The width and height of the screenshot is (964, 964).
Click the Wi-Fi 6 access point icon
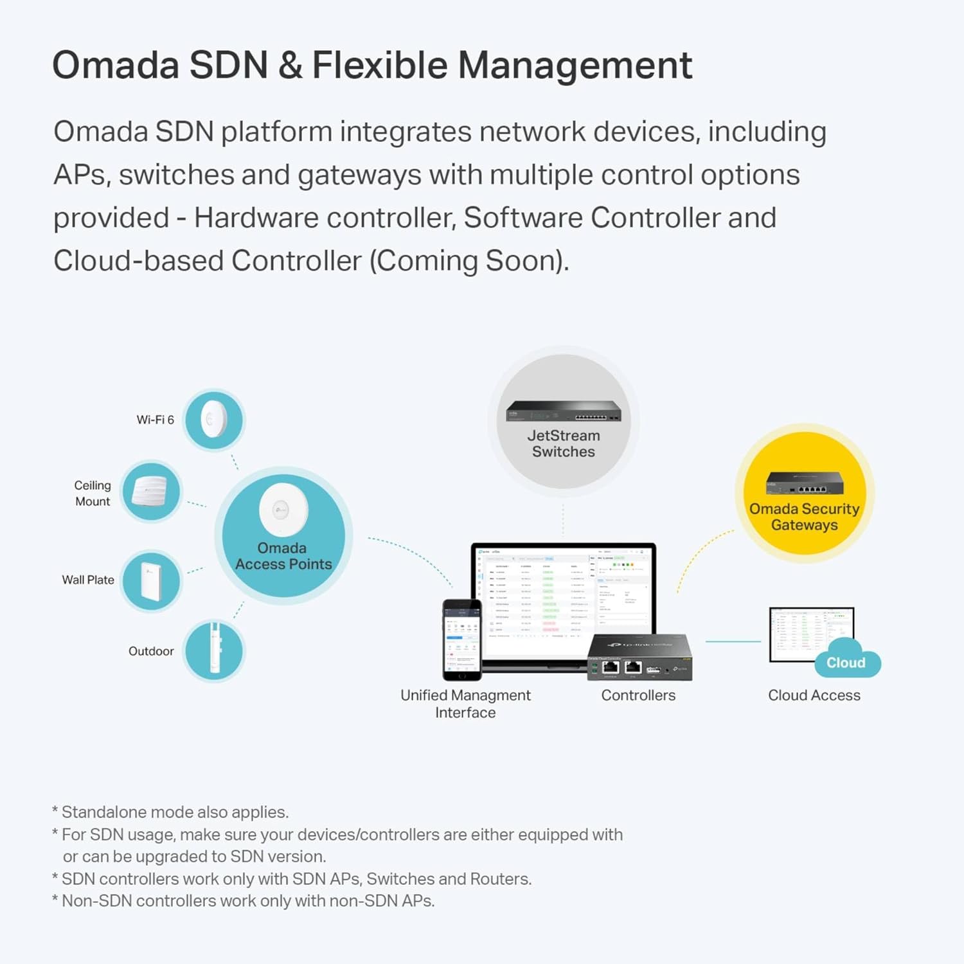pyautogui.click(x=214, y=420)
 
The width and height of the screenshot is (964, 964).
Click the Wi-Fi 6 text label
pyautogui.click(x=155, y=420)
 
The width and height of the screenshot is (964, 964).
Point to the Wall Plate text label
pyautogui.click(x=88, y=580)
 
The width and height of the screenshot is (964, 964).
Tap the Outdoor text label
pyautogui.click(x=151, y=651)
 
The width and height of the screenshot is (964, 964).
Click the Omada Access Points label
pyautogui.click(x=283, y=556)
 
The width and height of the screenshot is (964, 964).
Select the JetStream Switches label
pyautogui.click(x=564, y=443)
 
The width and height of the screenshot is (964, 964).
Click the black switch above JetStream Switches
pyautogui.click(x=564, y=410)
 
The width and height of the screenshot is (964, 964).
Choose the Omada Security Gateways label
pyautogui.click(x=804, y=517)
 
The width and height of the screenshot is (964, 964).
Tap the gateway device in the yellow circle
pyautogui.click(x=805, y=483)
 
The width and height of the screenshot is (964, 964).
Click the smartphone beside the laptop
pyautogui.click(x=462, y=639)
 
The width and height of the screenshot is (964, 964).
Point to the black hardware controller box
pyautogui.click(x=639, y=657)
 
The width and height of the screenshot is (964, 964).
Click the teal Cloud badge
pyautogui.click(x=846, y=663)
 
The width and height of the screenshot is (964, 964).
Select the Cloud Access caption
pyautogui.click(x=814, y=695)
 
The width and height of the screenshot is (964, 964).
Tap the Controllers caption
pyautogui.click(x=638, y=695)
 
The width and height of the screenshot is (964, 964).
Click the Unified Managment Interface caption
pyautogui.click(x=465, y=704)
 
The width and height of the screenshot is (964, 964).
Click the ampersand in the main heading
pyautogui.click(x=290, y=66)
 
